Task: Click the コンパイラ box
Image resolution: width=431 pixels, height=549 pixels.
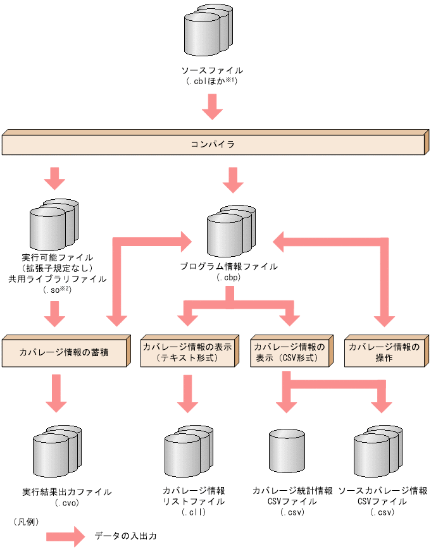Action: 213,145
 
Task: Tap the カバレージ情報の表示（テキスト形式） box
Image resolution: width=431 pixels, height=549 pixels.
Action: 188,353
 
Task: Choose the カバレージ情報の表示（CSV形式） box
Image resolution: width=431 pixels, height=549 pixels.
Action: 290,353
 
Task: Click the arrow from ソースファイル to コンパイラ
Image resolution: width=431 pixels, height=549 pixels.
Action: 212,106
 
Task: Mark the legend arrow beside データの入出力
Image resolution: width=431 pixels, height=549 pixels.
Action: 65,536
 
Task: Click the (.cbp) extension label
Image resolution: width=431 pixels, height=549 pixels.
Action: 229,277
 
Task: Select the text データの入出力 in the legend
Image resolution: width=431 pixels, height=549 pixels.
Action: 125,536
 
